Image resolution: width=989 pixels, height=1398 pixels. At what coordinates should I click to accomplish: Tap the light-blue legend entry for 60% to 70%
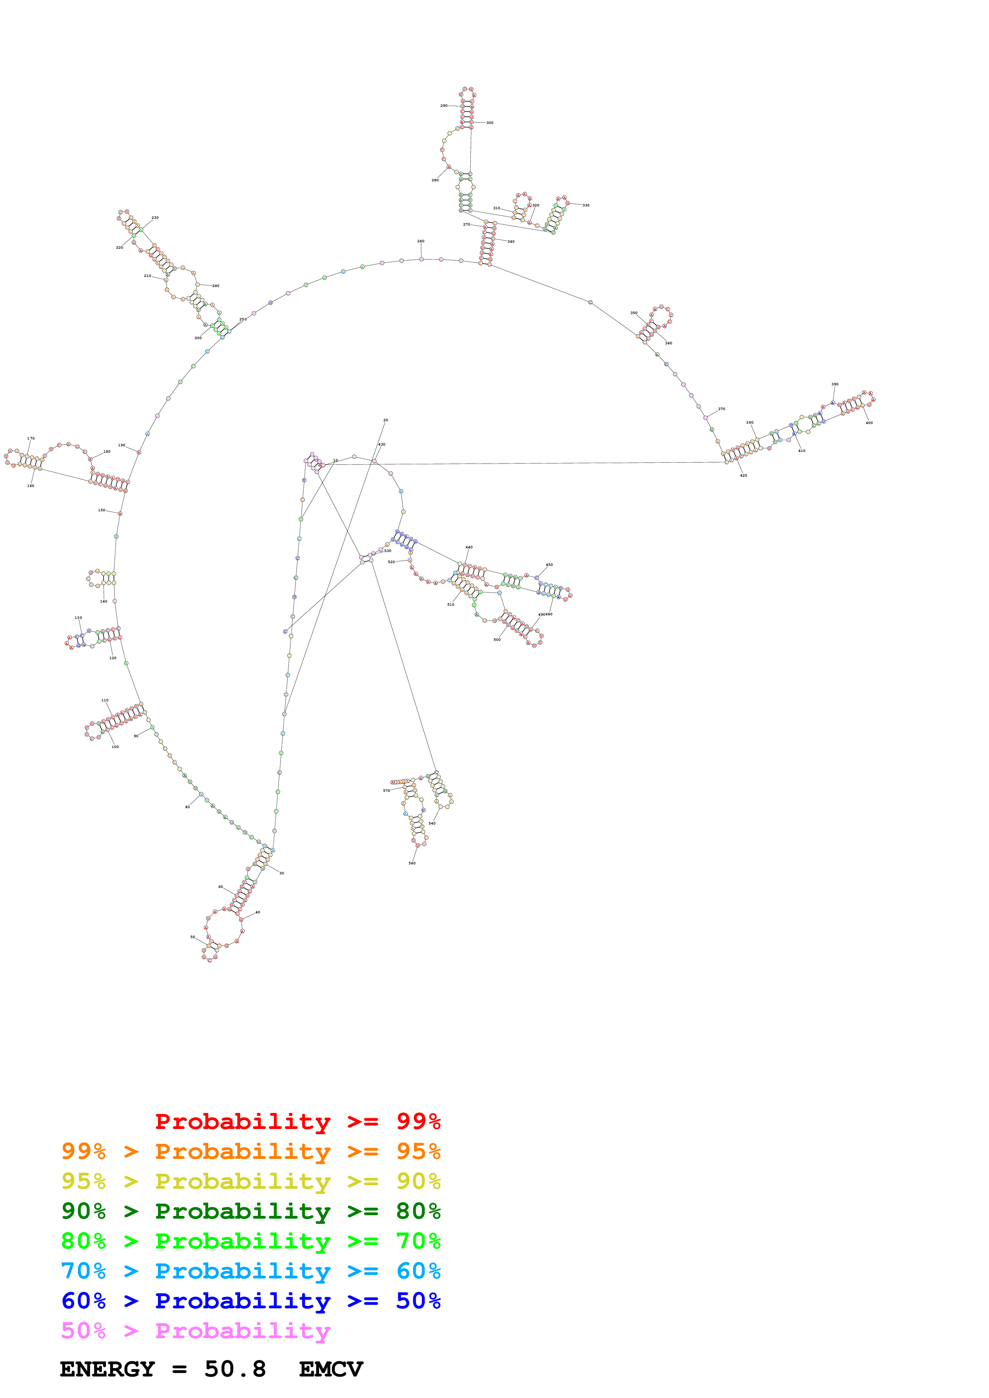pyautogui.click(x=251, y=1271)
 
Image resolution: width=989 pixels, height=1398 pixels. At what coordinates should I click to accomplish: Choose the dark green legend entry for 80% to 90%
pyautogui.click(x=251, y=1211)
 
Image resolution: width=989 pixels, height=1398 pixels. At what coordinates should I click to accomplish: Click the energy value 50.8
pyautogui.click(x=235, y=1369)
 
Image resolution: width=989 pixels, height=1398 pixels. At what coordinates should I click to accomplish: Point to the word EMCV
pyautogui.click(x=331, y=1369)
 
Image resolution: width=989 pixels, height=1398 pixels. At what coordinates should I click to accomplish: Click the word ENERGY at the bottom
pyautogui.click(x=107, y=1369)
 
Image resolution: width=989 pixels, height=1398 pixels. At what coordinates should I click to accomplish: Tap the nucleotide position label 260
pyautogui.click(x=420, y=241)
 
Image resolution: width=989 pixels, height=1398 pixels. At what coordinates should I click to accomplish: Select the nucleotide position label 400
pyautogui.click(x=869, y=422)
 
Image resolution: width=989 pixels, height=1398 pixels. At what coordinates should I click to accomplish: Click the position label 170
pyautogui.click(x=30, y=438)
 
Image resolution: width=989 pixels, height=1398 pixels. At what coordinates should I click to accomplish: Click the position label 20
pyautogui.click(x=386, y=420)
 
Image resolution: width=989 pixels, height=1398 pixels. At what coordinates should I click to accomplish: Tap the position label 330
pyautogui.click(x=586, y=205)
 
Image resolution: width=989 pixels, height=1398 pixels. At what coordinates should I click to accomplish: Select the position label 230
pyautogui.click(x=155, y=217)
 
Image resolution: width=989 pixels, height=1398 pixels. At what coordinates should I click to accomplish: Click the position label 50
pyautogui.click(x=193, y=937)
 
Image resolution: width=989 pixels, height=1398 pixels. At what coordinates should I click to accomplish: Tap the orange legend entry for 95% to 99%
pyautogui.click(x=251, y=1151)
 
